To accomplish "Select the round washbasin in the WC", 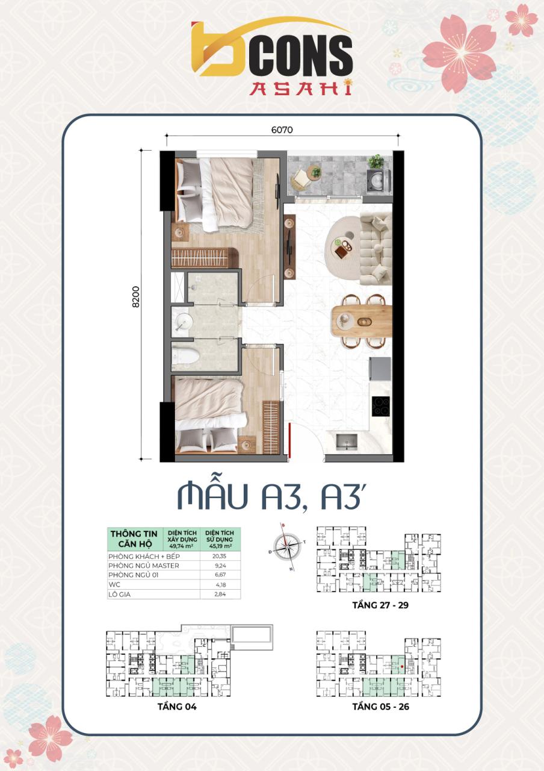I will (181, 324).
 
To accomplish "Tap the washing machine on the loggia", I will (378, 179).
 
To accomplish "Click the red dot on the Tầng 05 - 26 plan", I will (401, 667).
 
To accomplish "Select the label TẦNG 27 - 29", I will (380, 605).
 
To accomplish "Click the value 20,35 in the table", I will (219, 557).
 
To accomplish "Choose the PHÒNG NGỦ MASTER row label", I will (144, 566).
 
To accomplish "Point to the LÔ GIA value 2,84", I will (219, 595).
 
